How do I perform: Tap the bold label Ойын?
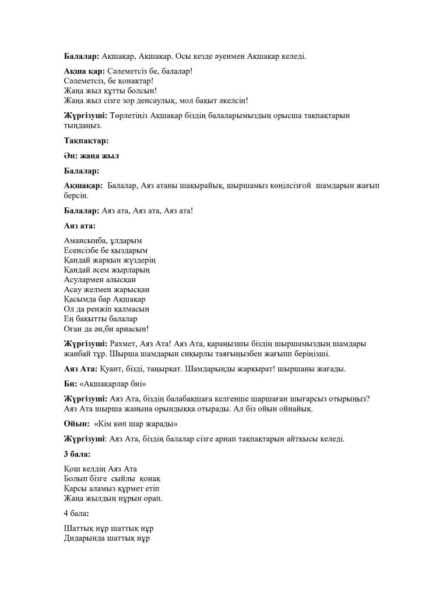pos(76,423)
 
